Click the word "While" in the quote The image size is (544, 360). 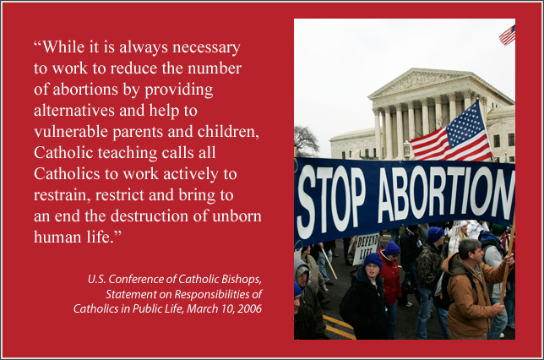[x=64, y=46]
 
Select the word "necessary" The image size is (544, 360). [x=206, y=48]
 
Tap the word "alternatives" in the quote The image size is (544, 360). [x=74, y=111]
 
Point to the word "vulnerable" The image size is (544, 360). [x=71, y=132]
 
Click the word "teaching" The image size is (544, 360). [x=128, y=154]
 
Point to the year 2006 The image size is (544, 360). [x=249, y=308]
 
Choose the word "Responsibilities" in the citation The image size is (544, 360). [x=212, y=294]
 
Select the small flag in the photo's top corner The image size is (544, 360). [x=508, y=35]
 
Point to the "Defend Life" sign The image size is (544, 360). [x=365, y=249]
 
